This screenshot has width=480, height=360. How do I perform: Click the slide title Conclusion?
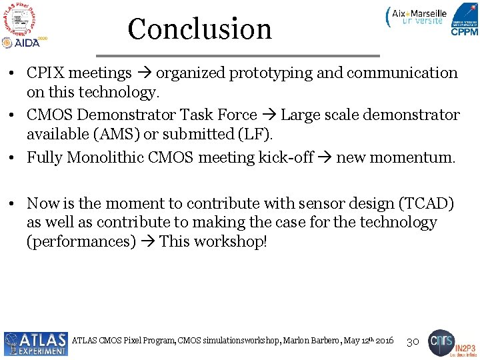199,29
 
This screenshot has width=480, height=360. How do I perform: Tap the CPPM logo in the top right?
464,20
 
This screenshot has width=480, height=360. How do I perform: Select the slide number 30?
412,341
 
